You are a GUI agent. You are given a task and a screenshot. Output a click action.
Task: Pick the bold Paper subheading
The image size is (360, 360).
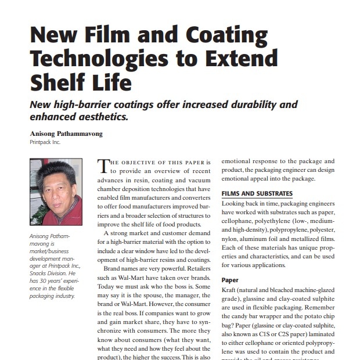(x=231, y=280)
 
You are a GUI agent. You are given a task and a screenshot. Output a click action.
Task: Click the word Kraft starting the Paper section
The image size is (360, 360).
(x=232, y=291)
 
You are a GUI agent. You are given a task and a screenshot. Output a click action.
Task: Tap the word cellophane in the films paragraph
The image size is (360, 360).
(x=240, y=222)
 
